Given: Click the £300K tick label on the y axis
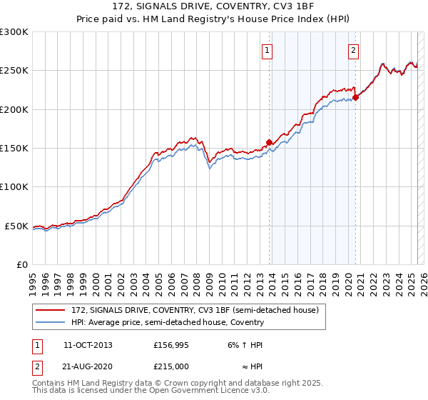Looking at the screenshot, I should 14,32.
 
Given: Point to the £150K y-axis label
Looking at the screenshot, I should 14,149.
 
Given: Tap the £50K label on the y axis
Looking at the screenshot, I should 16,226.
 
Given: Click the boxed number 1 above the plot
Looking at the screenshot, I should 267,50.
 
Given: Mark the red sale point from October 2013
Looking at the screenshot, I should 269,142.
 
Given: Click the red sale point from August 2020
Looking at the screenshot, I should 355,98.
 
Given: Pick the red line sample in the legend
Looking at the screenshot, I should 51,309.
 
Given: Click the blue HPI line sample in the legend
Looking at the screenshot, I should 51,322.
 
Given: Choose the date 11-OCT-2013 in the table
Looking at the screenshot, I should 88,345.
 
